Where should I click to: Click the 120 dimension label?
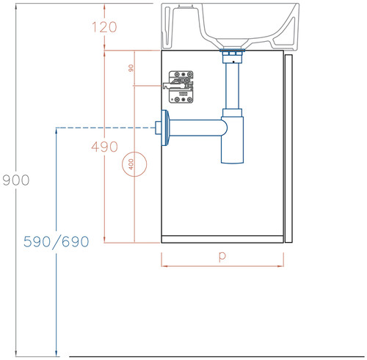(104, 27)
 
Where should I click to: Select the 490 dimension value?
(104, 147)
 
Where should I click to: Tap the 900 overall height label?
(16, 180)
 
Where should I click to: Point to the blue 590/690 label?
(57, 242)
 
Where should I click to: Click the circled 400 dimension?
(134, 164)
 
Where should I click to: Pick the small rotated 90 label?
(131, 68)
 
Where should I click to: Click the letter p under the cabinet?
(222, 257)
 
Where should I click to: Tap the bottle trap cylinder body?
(232, 139)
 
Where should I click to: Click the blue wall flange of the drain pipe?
(164, 128)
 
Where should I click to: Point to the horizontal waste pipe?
(196, 128)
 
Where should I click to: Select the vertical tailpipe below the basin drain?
(232, 86)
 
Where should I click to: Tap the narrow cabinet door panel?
(288, 149)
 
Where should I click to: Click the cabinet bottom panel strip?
(222, 239)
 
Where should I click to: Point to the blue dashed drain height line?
(106, 128)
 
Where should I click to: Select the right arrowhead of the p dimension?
(280, 266)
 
